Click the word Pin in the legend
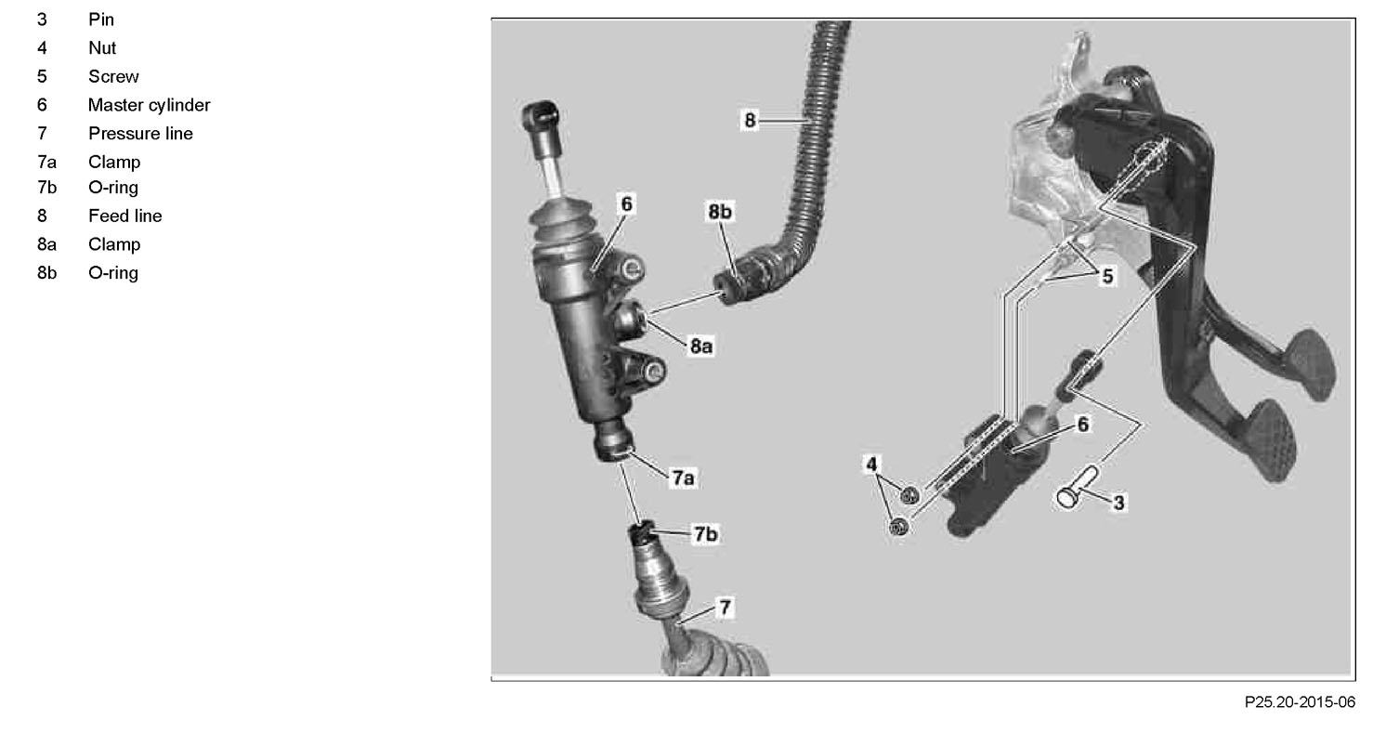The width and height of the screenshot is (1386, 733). point(101,20)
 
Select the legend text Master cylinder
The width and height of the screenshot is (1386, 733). point(150,105)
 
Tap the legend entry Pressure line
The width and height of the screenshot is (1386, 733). point(140,134)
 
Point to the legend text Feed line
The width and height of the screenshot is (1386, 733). point(125,216)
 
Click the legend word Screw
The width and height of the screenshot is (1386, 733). point(113,77)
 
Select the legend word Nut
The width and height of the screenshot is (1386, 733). point(102,47)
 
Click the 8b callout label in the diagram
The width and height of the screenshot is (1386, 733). point(720,212)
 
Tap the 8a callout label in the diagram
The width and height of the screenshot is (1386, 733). point(701,347)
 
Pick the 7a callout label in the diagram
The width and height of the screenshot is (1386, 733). point(683,478)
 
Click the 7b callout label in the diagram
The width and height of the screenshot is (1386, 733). point(705,533)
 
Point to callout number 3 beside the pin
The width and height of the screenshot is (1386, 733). point(1118,503)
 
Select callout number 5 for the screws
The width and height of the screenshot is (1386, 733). point(1107,276)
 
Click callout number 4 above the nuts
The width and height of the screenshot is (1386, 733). point(871,464)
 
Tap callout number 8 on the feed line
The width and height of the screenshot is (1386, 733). point(750,120)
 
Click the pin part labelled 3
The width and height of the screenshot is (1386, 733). point(1078,488)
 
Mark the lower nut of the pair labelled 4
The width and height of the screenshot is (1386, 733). point(899,527)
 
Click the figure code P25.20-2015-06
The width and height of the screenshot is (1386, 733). point(1300,702)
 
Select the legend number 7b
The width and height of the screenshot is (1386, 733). point(47,188)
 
